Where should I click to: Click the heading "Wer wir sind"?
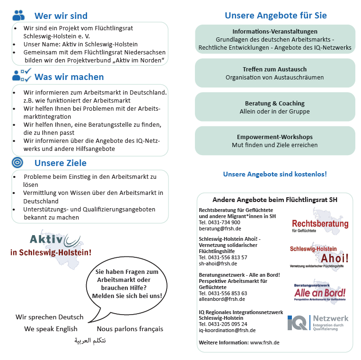pyautogui.click(x=61, y=16)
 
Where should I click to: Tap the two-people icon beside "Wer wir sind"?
pyautogui.click(x=18, y=16)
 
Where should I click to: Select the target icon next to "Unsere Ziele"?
pyautogui.click(x=18, y=163)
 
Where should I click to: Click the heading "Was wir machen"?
pyautogui.click(x=69, y=77)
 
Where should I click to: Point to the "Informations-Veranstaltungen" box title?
pyautogui.click(x=275, y=32)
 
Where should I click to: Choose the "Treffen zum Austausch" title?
pyautogui.click(x=274, y=69)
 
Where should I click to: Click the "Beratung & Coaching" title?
pyautogui.click(x=274, y=103)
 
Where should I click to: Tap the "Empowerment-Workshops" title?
pyautogui.click(x=274, y=137)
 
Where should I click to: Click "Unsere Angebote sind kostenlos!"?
pyautogui.click(x=274, y=174)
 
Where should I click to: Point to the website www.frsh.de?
pyautogui.click(x=264, y=342)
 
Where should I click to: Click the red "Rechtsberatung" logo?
pyautogui.click(x=320, y=223)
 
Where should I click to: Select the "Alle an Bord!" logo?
pyautogui.click(x=320, y=292)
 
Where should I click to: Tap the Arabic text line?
pyautogui.click(x=89, y=340)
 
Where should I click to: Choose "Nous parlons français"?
pyautogui.click(x=130, y=329)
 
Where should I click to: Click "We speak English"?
pyautogui.click(x=51, y=329)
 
